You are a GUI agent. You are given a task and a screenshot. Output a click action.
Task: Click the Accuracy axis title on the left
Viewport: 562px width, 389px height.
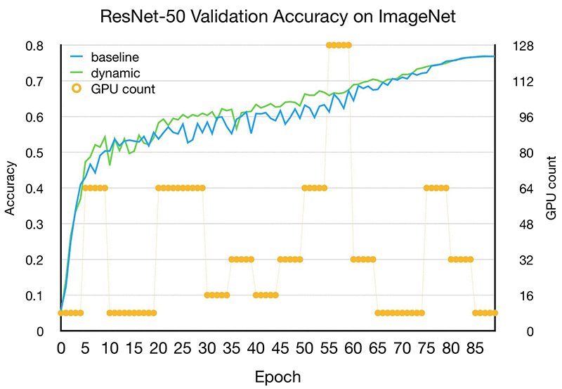[x=11, y=189]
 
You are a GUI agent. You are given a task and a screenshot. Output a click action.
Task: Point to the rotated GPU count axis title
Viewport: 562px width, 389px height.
[x=551, y=189]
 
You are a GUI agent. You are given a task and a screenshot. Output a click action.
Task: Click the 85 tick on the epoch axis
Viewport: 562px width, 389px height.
[x=474, y=348]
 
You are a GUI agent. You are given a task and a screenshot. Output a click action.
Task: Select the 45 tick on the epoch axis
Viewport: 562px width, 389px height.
[x=280, y=348]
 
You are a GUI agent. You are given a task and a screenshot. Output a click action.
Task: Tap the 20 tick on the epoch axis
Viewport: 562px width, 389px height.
[x=158, y=348]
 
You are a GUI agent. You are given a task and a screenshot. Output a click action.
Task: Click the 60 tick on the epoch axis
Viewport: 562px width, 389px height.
[x=353, y=348]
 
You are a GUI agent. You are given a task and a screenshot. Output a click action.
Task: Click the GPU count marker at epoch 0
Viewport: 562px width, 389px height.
[x=61, y=313]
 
